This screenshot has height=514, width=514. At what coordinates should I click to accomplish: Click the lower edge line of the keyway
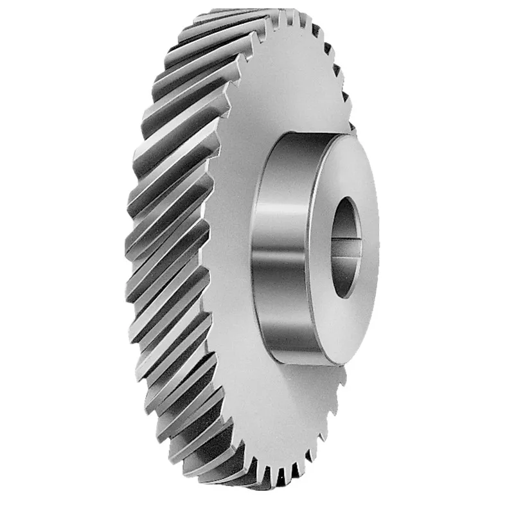348,257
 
